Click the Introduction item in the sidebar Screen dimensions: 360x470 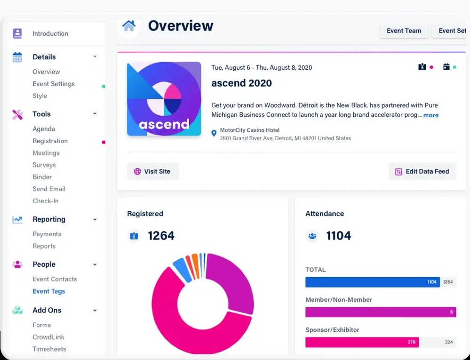[50, 33]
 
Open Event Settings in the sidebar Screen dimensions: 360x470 [53, 84]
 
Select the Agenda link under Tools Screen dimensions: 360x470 [44, 129]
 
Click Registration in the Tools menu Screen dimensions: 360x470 [50, 141]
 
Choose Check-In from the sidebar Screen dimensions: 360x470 [45, 201]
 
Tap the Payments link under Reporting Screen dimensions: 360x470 [47, 234]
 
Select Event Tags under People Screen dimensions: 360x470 [48, 291]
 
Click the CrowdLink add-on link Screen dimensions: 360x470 [48, 337]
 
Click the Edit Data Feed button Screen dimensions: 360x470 [422, 171]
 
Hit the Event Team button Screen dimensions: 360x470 [404, 31]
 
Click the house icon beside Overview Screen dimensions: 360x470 [128, 26]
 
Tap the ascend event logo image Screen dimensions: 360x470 [164, 99]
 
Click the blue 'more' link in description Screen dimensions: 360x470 [430, 115]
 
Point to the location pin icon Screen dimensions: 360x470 [214, 134]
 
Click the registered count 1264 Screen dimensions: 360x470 [161, 236]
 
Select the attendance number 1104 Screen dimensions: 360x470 [338, 236]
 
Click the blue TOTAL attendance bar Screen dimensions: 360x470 [372, 282]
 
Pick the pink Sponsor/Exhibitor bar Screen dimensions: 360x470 [362, 342]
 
